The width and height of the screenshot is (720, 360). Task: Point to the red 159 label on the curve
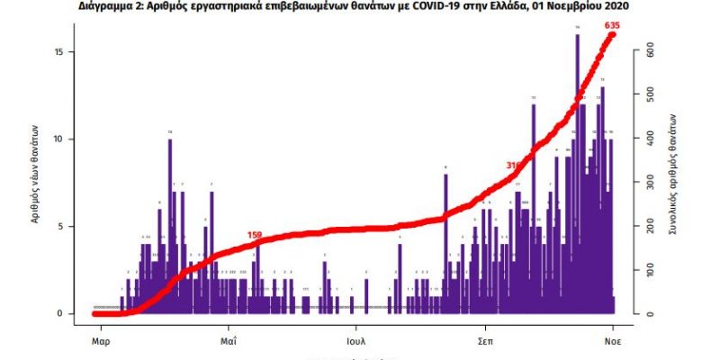pos(254,235)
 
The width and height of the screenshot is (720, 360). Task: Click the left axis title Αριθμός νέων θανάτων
pos(37,175)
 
